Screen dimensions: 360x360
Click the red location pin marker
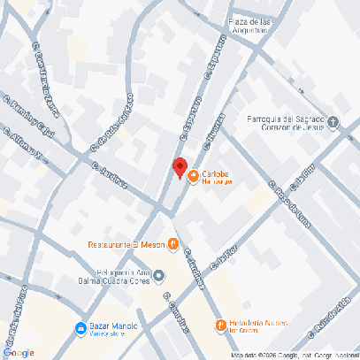179,167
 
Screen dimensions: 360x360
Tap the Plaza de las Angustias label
235,26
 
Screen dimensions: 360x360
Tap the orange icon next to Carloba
193,175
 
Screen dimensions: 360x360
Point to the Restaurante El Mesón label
126,244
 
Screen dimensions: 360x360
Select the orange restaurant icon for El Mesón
174,244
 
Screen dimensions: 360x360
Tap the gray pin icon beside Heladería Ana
159,276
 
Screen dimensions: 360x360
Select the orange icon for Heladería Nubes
219,326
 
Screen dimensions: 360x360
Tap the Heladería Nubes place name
257,325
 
